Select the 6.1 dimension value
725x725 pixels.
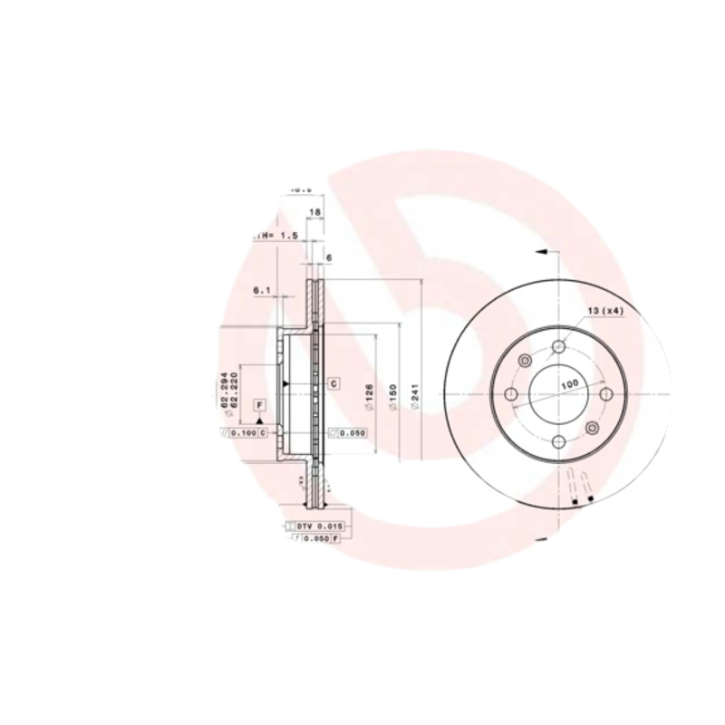click(262, 290)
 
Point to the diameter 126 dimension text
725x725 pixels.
click(370, 394)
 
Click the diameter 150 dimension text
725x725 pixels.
click(392, 395)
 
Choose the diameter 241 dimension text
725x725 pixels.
click(415, 397)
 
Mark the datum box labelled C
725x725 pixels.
click(333, 384)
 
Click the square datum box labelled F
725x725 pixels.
click(259, 404)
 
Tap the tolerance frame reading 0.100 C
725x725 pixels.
click(246, 433)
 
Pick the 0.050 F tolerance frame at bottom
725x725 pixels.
click(316, 538)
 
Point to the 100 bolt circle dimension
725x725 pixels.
click(569, 384)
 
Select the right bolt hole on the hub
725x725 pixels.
click(606, 394)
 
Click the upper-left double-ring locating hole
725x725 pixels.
click(524, 362)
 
